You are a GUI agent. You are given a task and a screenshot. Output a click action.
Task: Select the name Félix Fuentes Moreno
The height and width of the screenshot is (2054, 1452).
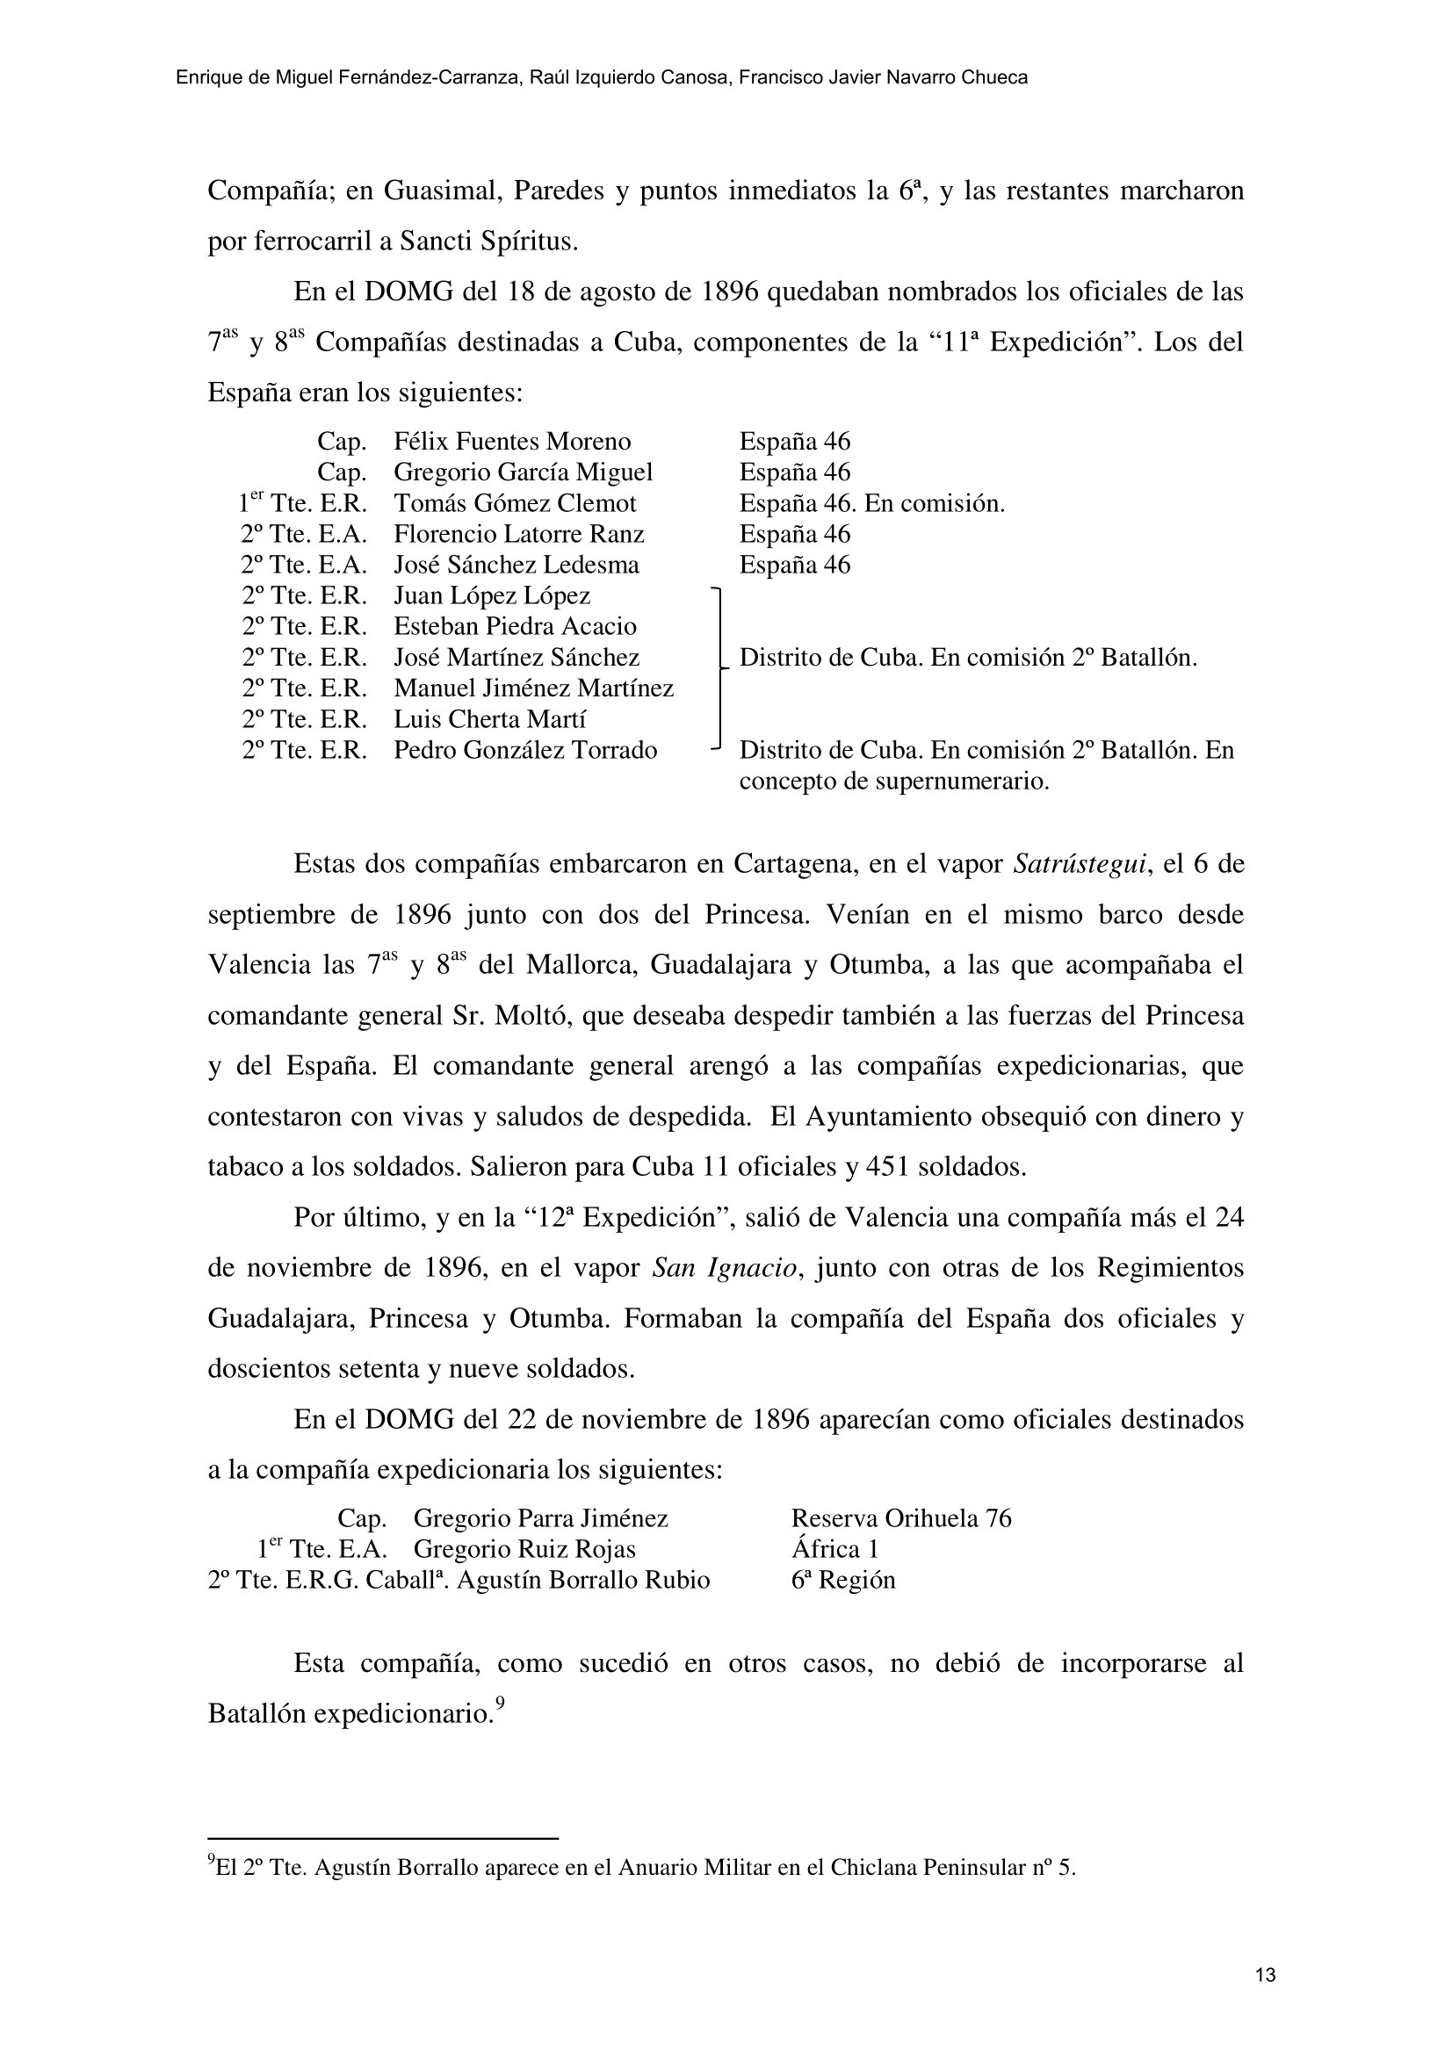click(x=512, y=442)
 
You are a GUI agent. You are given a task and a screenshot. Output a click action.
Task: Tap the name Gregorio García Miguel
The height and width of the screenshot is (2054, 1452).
click(x=523, y=472)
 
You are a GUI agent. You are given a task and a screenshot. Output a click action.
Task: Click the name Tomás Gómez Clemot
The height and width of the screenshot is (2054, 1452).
click(x=515, y=504)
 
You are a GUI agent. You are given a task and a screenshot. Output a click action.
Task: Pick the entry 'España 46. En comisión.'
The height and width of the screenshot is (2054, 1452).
click(x=871, y=504)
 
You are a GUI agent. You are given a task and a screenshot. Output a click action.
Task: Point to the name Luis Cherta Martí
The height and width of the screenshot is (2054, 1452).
click(x=489, y=719)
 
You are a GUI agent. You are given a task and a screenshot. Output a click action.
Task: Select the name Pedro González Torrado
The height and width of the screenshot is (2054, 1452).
click(x=525, y=751)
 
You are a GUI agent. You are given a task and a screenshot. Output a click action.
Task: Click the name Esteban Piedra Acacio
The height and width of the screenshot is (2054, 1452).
click(x=515, y=626)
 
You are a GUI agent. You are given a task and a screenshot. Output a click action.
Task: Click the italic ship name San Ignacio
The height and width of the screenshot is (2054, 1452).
click(x=724, y=1269)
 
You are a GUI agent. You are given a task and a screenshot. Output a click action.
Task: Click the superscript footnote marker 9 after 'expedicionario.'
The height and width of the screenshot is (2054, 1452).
click(x=500, y=1705)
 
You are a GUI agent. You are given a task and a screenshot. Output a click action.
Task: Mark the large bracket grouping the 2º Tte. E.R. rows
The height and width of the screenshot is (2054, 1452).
click(x=718, y=667)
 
